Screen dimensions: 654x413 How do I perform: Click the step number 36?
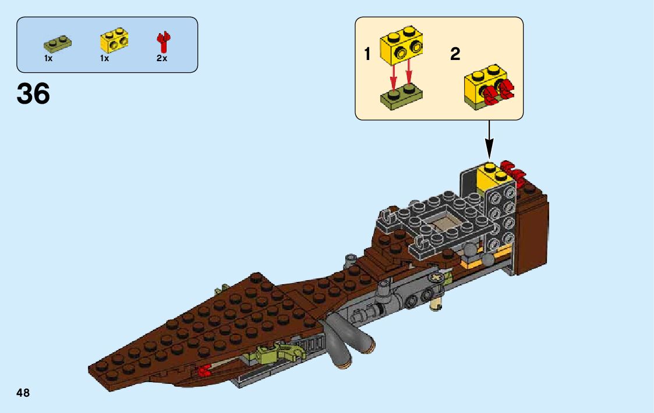pos(33,94)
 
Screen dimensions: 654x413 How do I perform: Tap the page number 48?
pos(23,393)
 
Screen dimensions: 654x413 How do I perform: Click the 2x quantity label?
pos(162,59)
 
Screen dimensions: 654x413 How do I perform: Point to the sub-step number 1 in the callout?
pos(367,55)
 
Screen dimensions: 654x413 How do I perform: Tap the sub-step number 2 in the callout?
pos(455,55)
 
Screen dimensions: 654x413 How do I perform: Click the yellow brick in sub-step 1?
pos(401,45)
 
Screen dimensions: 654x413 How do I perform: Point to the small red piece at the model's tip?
pos(204,370)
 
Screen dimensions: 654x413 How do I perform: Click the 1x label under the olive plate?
pos(48,59)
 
